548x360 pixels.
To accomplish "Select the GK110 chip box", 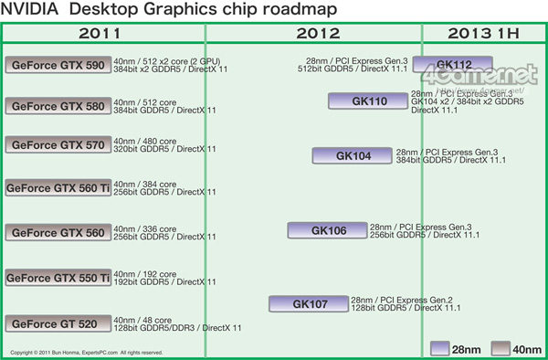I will pos(369,101).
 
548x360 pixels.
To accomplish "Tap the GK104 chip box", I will pos(353,155).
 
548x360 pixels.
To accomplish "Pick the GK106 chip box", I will pos(328,230).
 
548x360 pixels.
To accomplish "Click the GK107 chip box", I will pos(309,303).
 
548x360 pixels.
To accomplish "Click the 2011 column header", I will pos(104,33).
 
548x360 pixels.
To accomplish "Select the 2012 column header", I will pos(314,33).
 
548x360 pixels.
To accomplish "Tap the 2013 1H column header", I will pos(483,33).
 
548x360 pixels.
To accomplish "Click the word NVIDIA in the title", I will pos(37,10).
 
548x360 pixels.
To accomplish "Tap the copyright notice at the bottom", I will pos(87,352).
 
